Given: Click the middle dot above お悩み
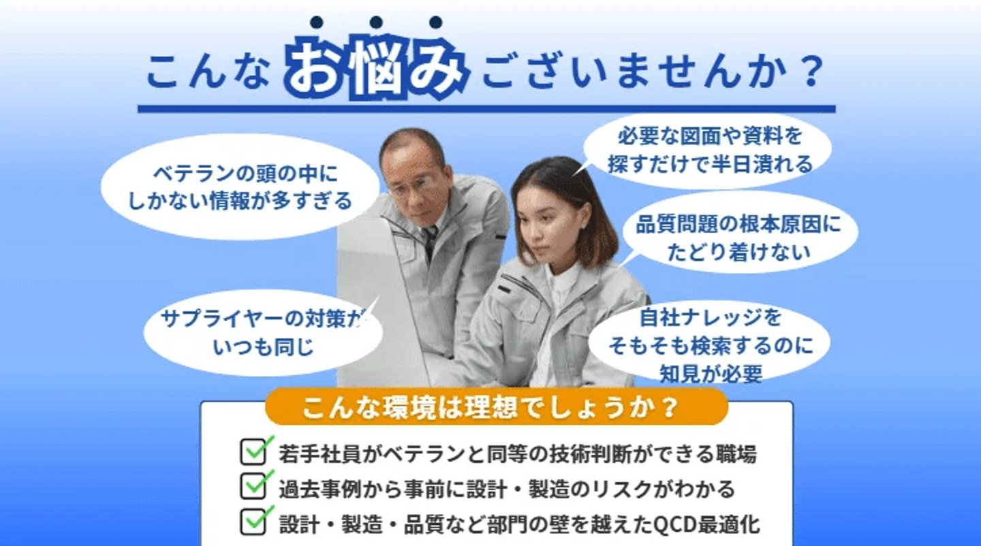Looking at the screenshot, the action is (376, 22).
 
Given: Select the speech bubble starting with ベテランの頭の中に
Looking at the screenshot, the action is (240, 187).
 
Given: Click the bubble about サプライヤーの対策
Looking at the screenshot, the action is (263, 332).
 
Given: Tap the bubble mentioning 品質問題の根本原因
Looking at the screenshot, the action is (738, 238).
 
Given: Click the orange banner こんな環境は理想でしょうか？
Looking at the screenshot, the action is (497, 406).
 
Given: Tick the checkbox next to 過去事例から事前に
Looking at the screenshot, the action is (253, 487).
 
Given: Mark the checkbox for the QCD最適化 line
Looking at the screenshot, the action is (253, 522).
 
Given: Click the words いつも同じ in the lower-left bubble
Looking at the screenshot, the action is (263, 348).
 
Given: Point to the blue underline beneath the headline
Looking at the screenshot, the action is (486, 109).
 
